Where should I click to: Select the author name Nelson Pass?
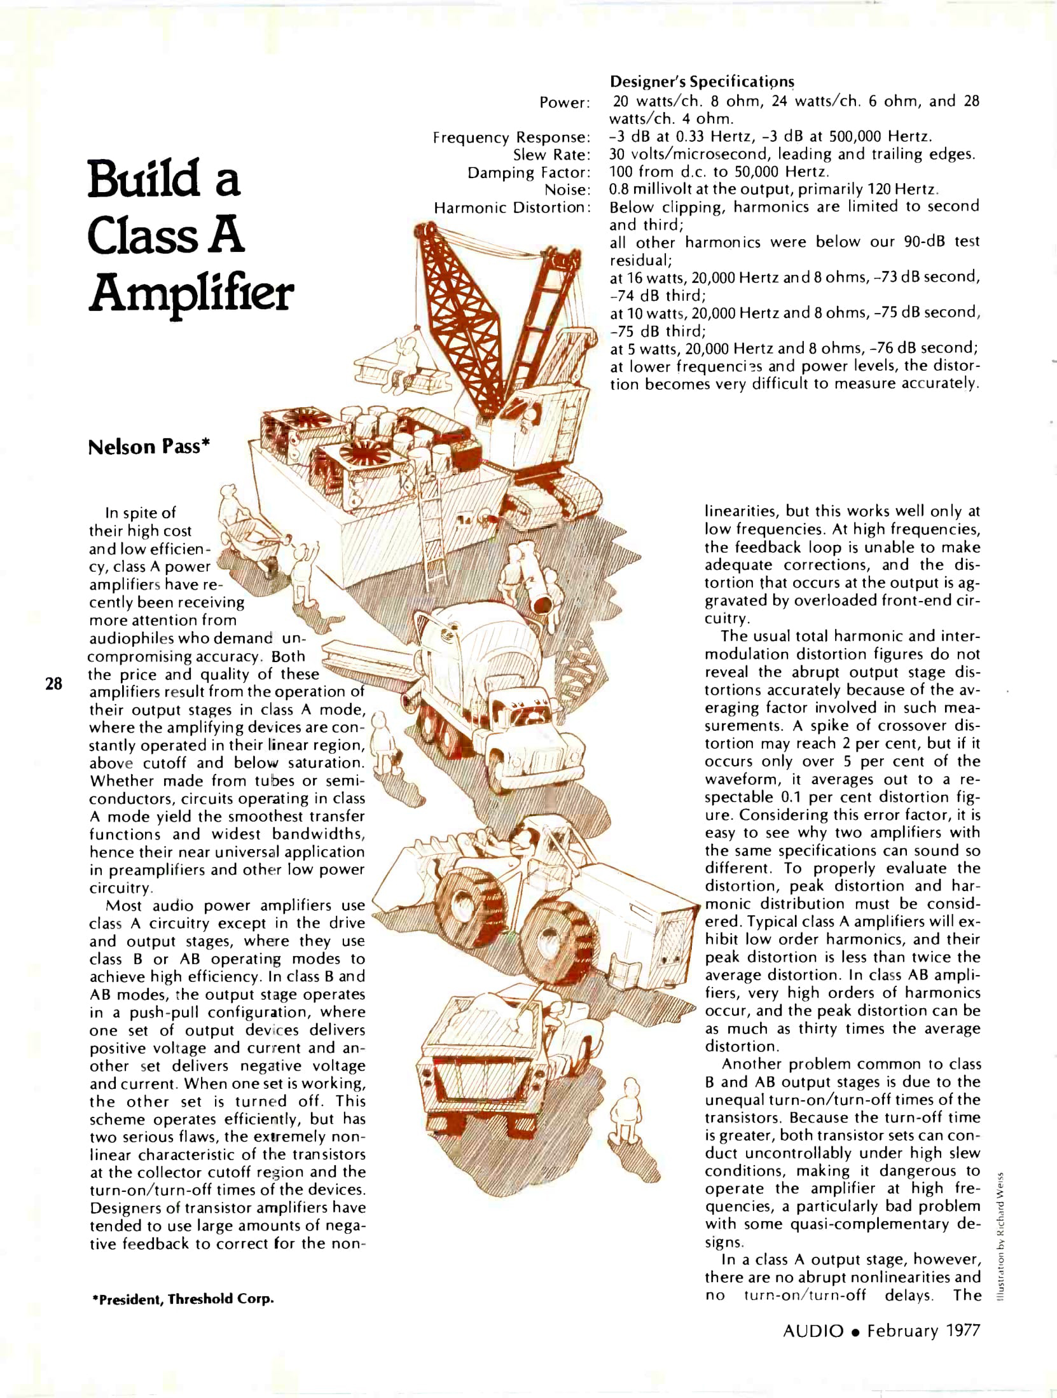tap(149, 447)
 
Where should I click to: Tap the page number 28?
tap(54, 684)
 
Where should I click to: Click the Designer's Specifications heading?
tap(701, 82)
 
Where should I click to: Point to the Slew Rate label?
tap(551, 155)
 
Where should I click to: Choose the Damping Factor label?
tap(528, 172)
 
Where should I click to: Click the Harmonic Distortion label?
tap(512, 208)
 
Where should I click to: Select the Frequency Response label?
tap(511, 137)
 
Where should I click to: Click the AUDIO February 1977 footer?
tap(881, 1348)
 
